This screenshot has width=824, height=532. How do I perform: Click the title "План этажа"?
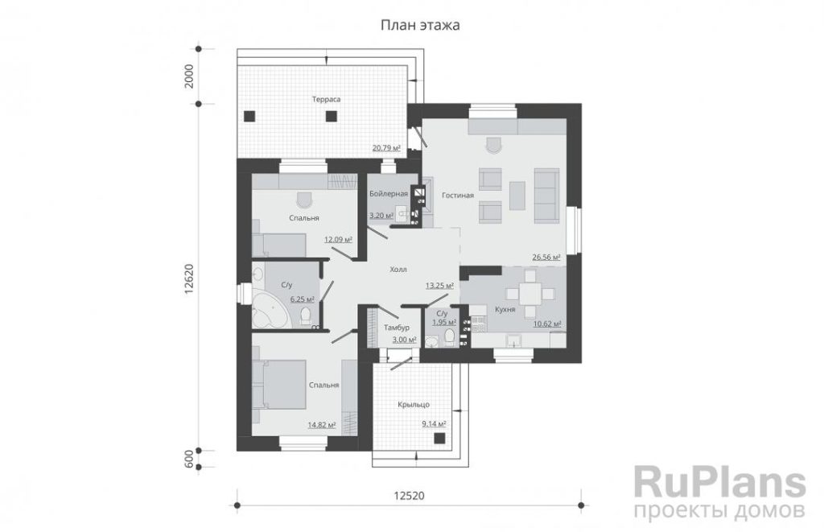[x=420, y=25]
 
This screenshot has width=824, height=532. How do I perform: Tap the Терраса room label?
[x=326, y=99]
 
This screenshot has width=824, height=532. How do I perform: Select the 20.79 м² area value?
[x=386, y=148]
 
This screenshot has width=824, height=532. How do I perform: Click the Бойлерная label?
[x=389, y=193]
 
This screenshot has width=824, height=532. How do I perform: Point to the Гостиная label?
[x=458, y=195]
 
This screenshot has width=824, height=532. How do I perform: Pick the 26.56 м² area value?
[x=546, y=257]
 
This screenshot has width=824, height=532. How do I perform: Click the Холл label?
[x=398, y=269]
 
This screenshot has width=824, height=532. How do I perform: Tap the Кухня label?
[x=505, y=310]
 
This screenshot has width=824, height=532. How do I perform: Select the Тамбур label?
[x=396, y=328]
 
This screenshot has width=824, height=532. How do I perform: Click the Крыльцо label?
[x=414, y=404]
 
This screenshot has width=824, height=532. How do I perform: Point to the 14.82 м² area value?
[x=322, y=425]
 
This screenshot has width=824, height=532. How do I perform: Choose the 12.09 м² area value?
[x=338, y=239]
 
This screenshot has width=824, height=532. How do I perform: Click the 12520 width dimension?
[x=409, y=496]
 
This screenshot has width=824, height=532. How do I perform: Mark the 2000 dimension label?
[x=189, y=76]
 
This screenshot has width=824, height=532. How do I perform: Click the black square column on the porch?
[x=439, y=439]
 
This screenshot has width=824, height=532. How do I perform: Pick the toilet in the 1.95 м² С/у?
[x=450, y=337]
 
